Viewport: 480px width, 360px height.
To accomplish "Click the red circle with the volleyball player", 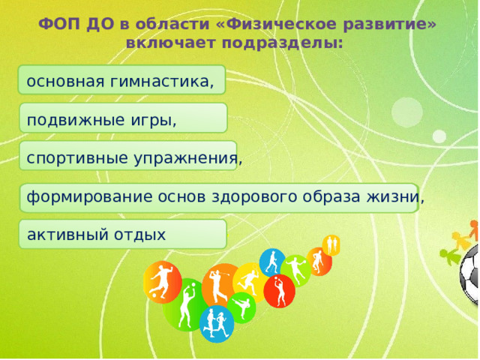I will pos(278,290).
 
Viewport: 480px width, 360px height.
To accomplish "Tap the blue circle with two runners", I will pos(217,324).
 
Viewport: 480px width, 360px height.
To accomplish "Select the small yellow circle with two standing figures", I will pos(331,244).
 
